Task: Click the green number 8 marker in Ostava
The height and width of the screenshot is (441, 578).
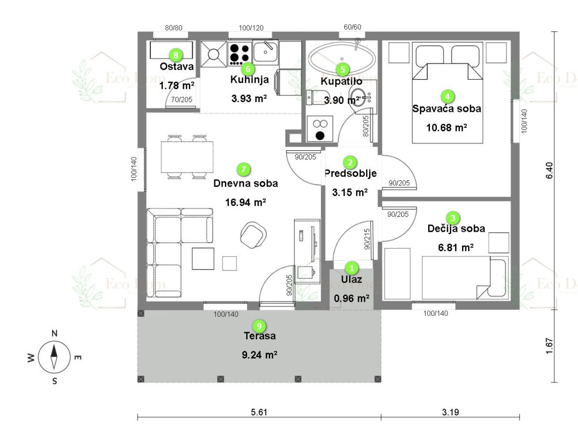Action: (x=176, y=55)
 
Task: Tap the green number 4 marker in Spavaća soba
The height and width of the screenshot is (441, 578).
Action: (x=447, y=97)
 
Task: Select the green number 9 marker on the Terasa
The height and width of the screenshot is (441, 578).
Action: (x=259, y=326)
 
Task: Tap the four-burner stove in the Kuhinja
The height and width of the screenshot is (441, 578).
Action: (x=239, y=54)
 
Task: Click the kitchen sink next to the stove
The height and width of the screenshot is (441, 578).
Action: (x=265, y=52)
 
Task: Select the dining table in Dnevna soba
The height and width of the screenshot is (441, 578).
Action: (x=187, y=157)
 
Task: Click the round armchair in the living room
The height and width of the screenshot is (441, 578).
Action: (x=253, y=235)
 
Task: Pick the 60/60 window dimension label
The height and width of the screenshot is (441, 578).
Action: (x=352, y=27)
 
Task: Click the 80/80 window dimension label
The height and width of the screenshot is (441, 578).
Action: (x=173, y=27)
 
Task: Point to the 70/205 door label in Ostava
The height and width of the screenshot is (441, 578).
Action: (x=182, y=100)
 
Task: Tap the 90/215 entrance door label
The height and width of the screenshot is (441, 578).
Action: (x=367, y=239)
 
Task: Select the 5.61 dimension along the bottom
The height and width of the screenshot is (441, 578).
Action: (x=259, y=412)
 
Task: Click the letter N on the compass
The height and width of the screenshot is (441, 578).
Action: (x=54, y=334)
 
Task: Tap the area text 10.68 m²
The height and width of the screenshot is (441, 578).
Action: (x=447, y=128)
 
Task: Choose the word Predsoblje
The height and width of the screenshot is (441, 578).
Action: (x=351, y=174)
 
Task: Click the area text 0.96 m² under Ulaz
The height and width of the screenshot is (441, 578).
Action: (x=351, y=298)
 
